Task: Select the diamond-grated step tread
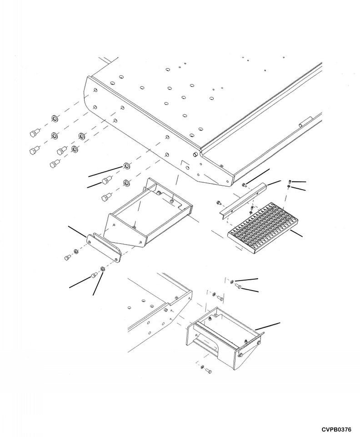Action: [257, 226]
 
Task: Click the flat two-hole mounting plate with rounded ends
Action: [104, 248]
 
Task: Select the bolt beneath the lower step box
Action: [209, 372]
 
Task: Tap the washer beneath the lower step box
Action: [202, 367]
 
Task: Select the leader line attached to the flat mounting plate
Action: [77, 230]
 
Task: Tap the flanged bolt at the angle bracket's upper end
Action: [245, 184]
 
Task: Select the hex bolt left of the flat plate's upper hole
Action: [68, 258]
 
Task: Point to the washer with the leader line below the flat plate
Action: [103, 270]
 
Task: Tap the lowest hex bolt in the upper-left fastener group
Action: [54, 162]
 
